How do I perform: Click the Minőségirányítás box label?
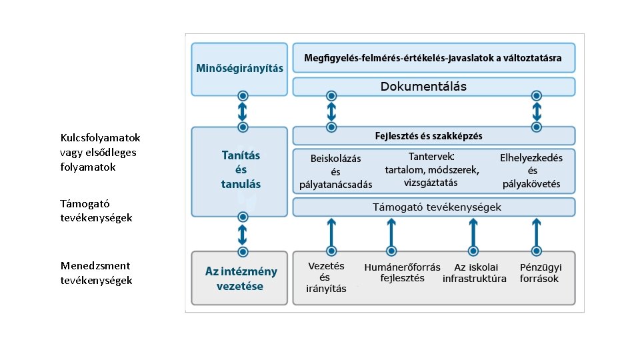tap(239, 68)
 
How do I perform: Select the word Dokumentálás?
tap(423, 87)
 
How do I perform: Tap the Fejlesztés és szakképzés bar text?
tap(429, 136)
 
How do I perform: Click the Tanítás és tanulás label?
tap(241, 169)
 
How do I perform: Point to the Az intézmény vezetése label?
tap(241, 279)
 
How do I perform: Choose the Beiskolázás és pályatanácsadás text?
tap(335, 171)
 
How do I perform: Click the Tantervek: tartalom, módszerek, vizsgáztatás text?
tap(431, 170)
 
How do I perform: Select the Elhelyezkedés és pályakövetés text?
tap(531, 171)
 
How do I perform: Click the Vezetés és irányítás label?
tap(326, 277)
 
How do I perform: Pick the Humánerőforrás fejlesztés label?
tap(402, 273)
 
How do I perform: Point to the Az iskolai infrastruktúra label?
tap(474, 273)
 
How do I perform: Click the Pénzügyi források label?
tap(540, 273)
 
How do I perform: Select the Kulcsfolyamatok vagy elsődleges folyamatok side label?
tap(100, 152)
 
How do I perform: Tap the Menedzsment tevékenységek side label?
tap(96, 273)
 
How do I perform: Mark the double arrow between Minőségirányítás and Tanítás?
tap(243, 111)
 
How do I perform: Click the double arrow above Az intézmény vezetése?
tap(243, 234)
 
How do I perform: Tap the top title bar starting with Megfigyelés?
tap(433, 58)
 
